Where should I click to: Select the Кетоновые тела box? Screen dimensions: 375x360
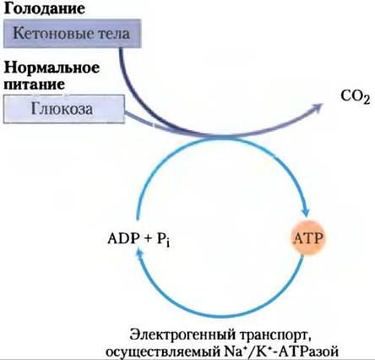72,34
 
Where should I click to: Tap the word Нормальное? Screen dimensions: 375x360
52,68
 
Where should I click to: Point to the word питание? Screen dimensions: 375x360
35,84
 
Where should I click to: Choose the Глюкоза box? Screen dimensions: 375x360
64,109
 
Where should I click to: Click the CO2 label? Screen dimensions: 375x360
356,96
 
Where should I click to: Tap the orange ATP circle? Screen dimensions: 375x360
308,239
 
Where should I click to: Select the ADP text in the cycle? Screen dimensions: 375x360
123,239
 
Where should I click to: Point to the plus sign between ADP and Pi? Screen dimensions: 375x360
148,239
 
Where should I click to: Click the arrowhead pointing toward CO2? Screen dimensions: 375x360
318,107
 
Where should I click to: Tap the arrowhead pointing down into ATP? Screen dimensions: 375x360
306,211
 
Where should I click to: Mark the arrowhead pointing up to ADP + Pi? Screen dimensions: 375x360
139,254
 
